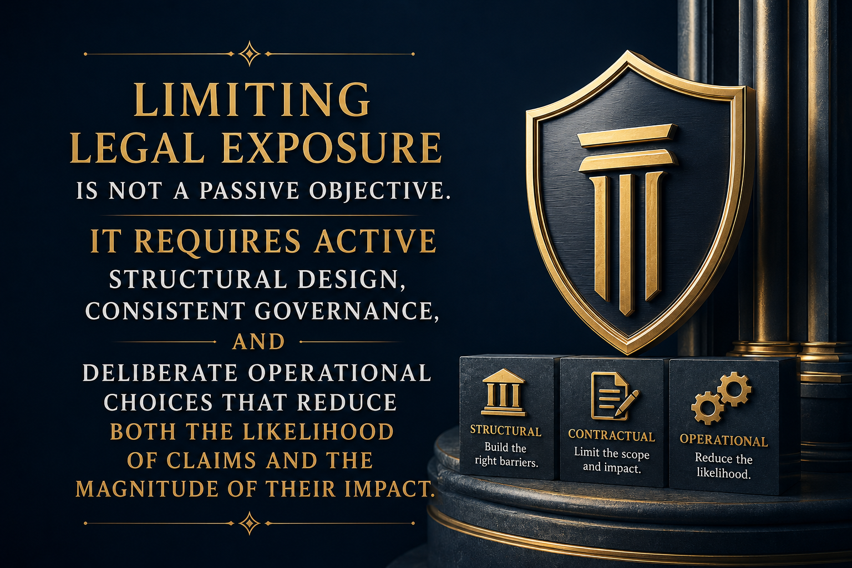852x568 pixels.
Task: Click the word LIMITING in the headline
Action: pos(252,100)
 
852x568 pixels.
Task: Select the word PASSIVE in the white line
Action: pos(249,190)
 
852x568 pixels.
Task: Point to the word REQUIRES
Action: pos(217,241)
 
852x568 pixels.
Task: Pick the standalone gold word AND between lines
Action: pos(258,342)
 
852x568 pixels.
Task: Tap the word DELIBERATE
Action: pos(160,373)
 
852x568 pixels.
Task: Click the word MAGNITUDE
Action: pos(147,489)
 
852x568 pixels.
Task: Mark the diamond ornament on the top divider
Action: pos(249,54)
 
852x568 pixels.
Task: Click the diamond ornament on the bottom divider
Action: pos(249,523)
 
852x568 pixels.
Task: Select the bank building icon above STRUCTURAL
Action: pos(504,392)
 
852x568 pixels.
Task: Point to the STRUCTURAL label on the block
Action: pos(505,430)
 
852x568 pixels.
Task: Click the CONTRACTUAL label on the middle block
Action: pos(612,436)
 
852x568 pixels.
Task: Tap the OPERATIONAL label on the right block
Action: pos(723,440)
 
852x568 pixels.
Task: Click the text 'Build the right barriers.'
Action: pos(506,454)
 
